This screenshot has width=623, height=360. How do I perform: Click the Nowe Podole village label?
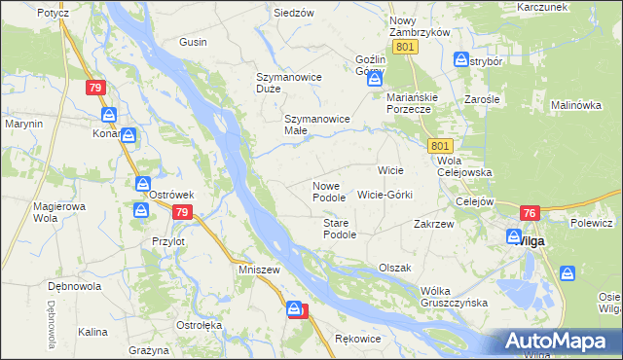point(328,191)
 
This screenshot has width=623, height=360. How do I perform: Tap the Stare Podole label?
point(340,229)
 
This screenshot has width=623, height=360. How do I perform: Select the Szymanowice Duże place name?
point(281,82)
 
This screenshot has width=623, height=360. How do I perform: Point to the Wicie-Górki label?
point(385,195)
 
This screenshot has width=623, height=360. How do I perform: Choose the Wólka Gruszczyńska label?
point(454,297)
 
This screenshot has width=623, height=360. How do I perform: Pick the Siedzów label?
point(293,13)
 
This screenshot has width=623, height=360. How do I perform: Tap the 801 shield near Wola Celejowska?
point(438,145)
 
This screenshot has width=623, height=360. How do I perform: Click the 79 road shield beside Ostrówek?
point(180,210)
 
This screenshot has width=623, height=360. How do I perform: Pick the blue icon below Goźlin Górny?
point(376,81)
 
